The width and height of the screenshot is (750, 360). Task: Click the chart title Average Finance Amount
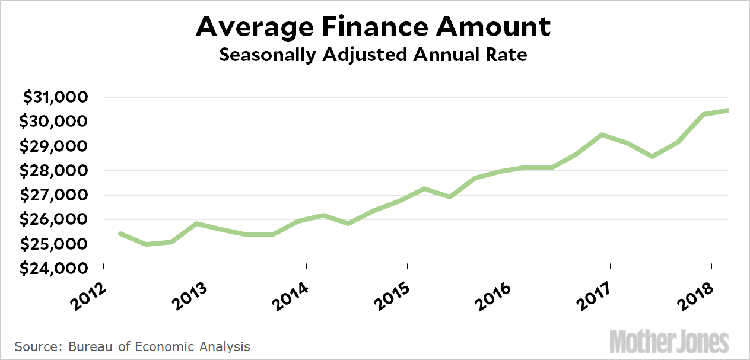coord(374,27)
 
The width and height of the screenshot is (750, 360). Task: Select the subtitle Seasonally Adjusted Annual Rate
coord(374,55)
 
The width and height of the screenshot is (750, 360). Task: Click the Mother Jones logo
coord(670,342)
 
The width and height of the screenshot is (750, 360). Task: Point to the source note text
coord(132,346)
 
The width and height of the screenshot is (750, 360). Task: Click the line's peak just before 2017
coord(602,135)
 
